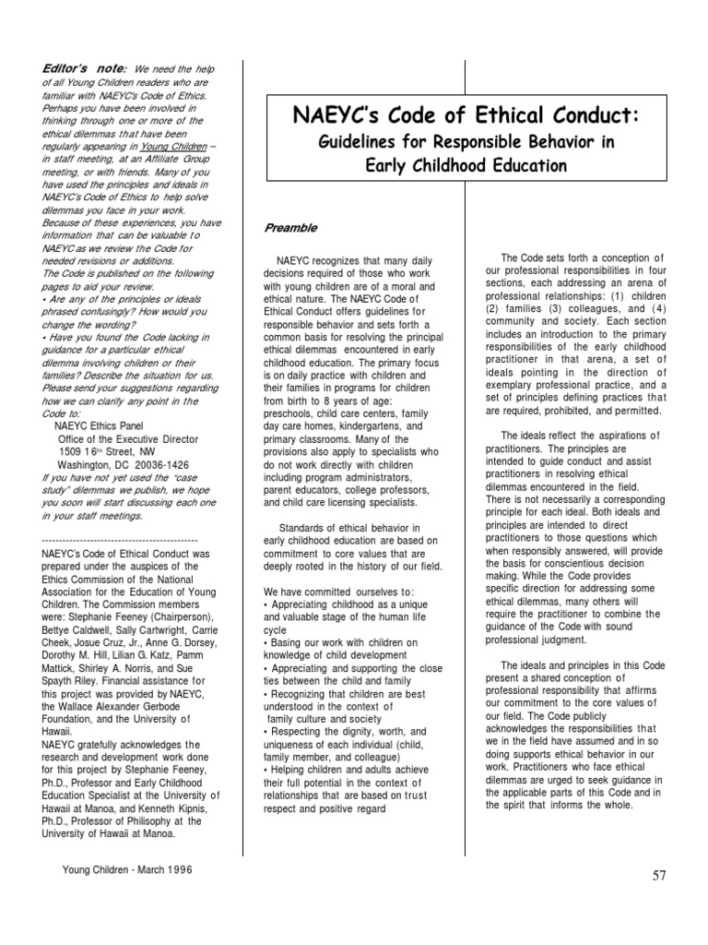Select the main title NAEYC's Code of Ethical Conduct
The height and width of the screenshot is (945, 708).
tap(465, 115)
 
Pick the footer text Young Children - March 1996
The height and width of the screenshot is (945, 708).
tap(127, 869)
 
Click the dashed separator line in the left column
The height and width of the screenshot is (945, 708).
tap(120, 540)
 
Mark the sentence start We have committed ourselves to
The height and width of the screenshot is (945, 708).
tap(338, 591)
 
